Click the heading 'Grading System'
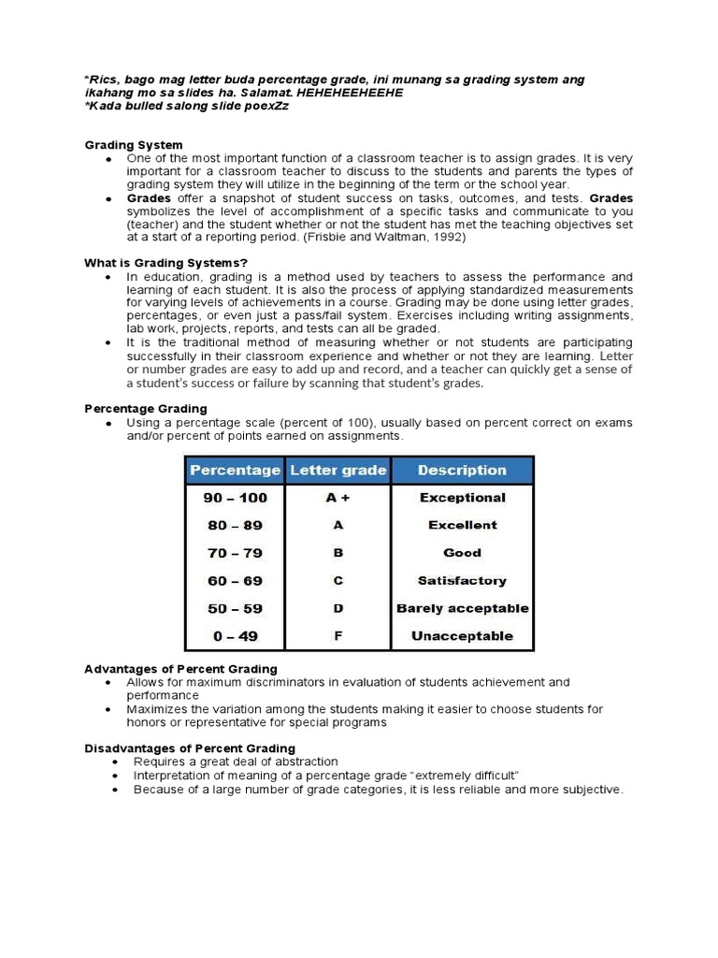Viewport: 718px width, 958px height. pos(134,145)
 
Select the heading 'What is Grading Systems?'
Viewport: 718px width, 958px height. pos(165,263)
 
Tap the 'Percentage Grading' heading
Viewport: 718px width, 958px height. pos(146,409)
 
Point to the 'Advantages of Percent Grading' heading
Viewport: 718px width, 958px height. pos(180,669)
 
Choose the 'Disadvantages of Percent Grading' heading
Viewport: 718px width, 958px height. pos(190,748)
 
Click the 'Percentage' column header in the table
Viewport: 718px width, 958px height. pos(235,471)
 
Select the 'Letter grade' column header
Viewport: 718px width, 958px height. pos(337,471)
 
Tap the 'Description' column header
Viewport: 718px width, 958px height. pos(462,471)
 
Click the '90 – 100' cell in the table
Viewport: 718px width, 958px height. pos(235,498)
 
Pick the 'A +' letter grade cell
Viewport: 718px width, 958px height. pos(337,498)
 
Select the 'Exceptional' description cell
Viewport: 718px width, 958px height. pos(462,498)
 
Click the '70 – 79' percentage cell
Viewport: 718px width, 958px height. pos(235,553)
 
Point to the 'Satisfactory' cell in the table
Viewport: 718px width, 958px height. pos(462,581)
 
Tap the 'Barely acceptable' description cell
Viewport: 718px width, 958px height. pos(462,608)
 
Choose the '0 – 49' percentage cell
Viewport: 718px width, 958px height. pos(235,636)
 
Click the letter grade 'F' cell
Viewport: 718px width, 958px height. pos(337,636)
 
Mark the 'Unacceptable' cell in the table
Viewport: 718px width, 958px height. pos(462,636)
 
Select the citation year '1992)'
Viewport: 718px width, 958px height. pos(447,238)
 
